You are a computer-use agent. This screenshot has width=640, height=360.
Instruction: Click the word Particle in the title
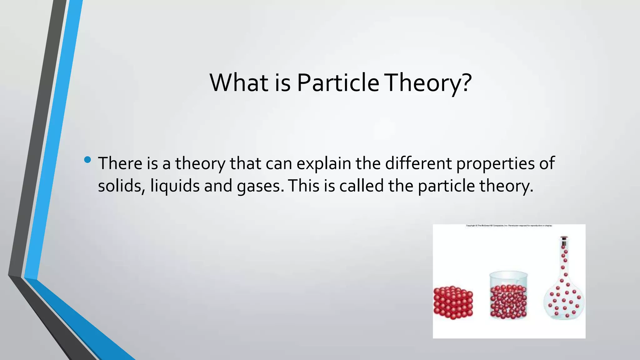coord(338,83)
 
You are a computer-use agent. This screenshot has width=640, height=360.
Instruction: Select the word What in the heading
coord(239,83)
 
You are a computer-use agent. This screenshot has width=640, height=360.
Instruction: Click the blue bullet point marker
coord(87,160)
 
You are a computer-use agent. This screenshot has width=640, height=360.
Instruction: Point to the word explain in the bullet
coord(324,163)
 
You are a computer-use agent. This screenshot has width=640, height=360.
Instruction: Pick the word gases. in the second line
coord(261,186)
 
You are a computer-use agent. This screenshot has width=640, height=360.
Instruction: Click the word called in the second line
coord(362,186)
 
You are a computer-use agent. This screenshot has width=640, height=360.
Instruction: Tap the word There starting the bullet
coord(120,163)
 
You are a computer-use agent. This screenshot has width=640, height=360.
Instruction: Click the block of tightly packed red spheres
coord(453,302)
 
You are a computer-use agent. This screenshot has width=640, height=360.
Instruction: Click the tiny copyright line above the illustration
coord(509,226)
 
